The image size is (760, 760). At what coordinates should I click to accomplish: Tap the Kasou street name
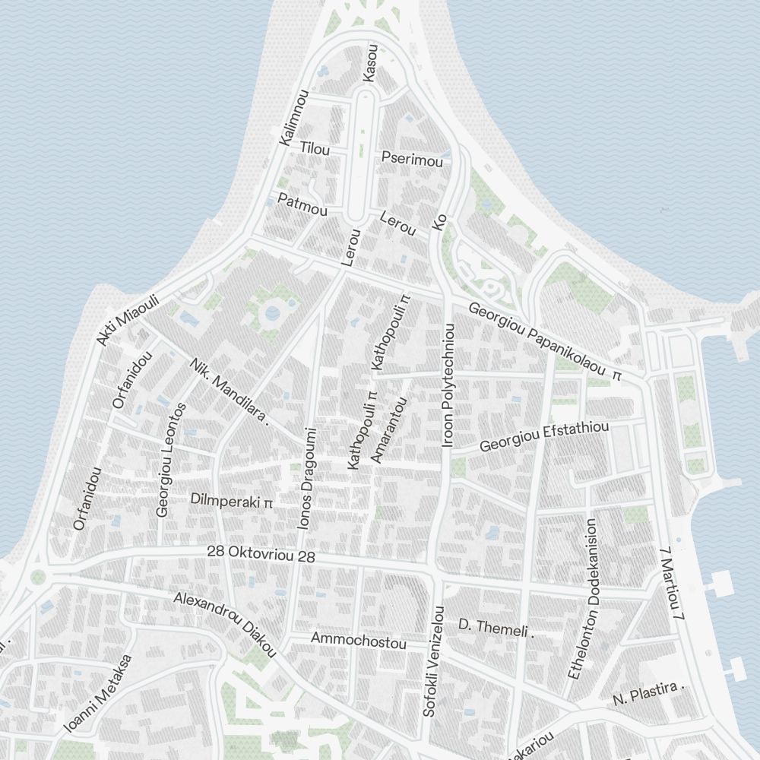(x=371, y=62)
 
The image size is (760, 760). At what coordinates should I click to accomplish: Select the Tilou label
(x=315, y=149)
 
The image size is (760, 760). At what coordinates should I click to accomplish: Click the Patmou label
(x=302, y=204)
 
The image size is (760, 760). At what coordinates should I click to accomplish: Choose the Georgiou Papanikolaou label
(x=544, y=342)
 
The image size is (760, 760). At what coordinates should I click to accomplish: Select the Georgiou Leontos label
(x=171, y=460)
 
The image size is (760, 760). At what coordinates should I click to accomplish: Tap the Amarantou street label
(x=389, y=429)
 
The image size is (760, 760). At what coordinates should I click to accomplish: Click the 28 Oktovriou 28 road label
(x=261, y=554)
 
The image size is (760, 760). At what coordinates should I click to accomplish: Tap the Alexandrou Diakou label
(x=224, y=624)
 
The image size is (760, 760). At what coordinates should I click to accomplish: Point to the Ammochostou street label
(x=359, y=641)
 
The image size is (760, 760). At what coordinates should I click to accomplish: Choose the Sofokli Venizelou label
(x=433, y=661)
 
